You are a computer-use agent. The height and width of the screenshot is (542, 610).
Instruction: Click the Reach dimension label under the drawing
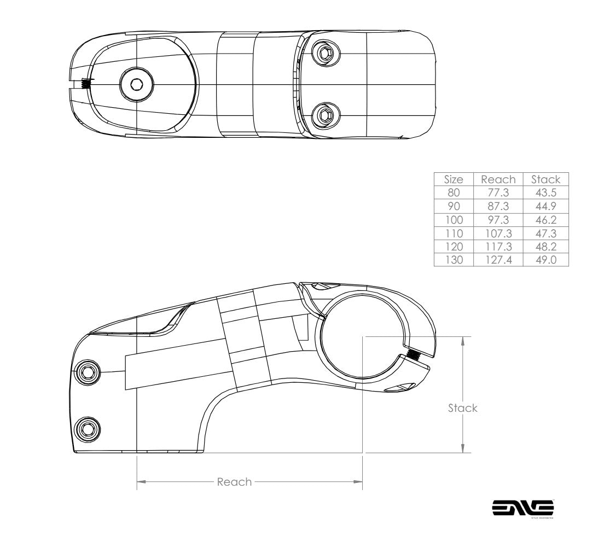(234, 482)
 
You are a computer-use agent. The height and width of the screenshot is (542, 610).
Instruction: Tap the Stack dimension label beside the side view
(462, 408)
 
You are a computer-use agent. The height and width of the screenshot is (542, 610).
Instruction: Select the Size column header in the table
(453, 179)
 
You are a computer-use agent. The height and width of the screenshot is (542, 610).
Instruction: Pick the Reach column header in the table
(498, 179)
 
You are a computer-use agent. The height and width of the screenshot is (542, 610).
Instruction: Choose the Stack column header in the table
(545, 179)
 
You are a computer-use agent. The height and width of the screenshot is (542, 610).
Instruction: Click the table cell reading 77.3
(498, 193)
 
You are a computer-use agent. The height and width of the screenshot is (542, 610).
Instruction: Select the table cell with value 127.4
(498, 260)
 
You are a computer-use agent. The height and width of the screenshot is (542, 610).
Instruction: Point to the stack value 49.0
(545, 260)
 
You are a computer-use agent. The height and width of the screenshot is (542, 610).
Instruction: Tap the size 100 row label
(453, 220)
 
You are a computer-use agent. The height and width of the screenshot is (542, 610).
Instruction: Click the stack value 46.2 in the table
(545, 220)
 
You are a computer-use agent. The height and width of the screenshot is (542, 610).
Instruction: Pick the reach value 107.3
(498, 234)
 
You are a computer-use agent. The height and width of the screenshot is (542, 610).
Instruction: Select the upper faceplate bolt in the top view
(325, 54)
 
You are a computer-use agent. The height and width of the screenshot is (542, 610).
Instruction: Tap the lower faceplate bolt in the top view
(325, 115)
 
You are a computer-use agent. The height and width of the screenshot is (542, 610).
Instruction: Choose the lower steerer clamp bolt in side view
(87, 427)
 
